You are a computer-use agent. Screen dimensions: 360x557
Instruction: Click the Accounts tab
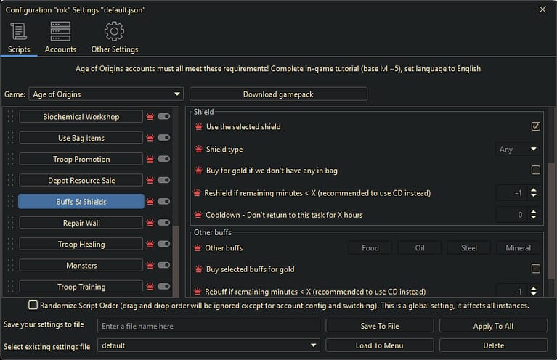(60, 38)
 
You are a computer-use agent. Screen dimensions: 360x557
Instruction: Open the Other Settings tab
(114, 38)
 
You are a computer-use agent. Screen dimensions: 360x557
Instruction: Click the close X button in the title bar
(542, 9)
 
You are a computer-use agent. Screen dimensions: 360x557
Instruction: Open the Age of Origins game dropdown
(106, 94)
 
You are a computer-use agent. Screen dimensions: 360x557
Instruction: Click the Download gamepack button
(278, 94)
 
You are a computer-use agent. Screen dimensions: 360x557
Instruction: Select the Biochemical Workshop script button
(81, 117)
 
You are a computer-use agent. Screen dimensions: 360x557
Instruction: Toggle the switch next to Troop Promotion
(163, 159)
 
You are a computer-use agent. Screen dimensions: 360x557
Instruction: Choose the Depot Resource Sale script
(81, 180)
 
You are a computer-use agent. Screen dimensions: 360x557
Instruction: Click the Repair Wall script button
(81, 223)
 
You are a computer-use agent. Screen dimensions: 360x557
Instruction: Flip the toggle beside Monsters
(163, 266)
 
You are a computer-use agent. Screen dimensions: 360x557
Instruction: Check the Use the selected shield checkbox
(536, 126)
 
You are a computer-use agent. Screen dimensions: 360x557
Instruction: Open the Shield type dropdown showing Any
(518, 150)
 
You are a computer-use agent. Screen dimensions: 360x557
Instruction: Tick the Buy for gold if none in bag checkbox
(536, 171)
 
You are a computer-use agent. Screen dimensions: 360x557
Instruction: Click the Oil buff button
(420, 248)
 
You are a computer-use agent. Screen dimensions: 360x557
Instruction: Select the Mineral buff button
(518, 248)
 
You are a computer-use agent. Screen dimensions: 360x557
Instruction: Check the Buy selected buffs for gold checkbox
(536, 269)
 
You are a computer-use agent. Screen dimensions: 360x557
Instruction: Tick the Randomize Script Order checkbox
(33, 306)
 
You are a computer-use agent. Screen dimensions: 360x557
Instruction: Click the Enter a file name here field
(208, 327)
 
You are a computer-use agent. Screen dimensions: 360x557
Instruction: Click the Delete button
(493, 345)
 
